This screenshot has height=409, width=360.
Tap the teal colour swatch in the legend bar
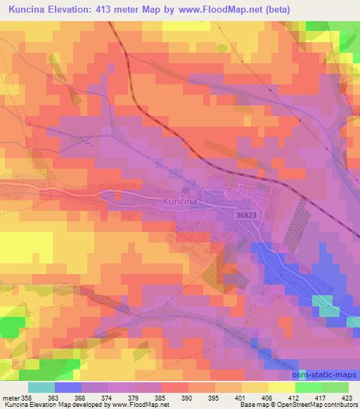41,387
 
